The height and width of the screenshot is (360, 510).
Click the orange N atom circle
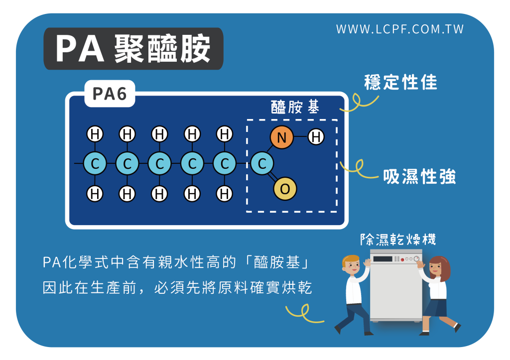282,137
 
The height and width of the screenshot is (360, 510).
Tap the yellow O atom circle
285,189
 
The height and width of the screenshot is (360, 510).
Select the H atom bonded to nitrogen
316,136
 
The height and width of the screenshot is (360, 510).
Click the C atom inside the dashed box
262,163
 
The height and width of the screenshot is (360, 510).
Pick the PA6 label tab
110,94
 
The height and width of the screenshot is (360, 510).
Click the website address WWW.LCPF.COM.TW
400,29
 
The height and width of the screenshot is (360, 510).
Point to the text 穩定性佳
401,82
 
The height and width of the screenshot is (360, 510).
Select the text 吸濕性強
419,177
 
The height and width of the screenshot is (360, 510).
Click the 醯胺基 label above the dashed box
295,107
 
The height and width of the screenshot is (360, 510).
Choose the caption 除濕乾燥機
398,240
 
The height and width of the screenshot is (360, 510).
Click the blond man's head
351,265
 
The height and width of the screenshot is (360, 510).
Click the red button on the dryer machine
402,259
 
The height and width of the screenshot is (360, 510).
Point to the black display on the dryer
383,259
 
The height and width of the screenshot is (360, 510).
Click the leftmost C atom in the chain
95,163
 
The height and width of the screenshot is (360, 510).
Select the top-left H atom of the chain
95,134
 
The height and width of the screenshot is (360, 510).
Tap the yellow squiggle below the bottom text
304,313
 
